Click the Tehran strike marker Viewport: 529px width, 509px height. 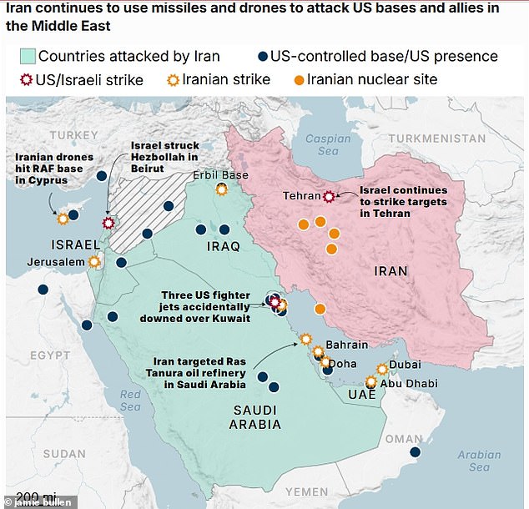[329, 196]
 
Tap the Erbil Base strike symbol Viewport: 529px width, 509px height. [221, 189]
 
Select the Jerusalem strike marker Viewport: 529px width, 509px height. [94, 261]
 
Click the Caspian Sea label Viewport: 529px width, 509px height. [322, 144]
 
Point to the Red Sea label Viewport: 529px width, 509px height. [130, 400]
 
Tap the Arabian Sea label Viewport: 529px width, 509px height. [479, 461]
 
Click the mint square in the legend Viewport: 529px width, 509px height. [27, 57]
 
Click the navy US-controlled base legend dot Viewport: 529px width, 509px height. [263, 57]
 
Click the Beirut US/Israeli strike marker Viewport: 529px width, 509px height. [108, 223]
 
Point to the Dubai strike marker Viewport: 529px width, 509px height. [382, 368]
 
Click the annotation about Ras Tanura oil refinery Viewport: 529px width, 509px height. [200, 373]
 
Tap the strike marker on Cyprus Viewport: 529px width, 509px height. [63, 219]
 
